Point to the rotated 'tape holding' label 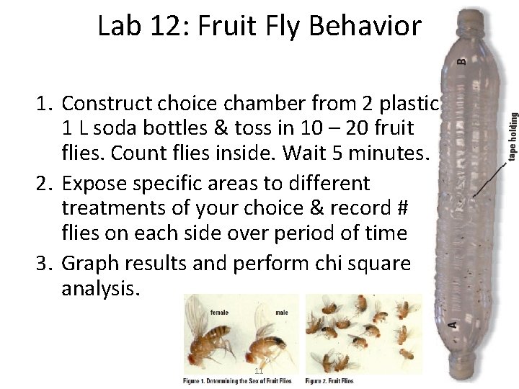coord(513,138)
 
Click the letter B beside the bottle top coord(462,61)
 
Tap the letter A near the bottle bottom coord(452,323)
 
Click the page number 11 coord(259,370)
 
